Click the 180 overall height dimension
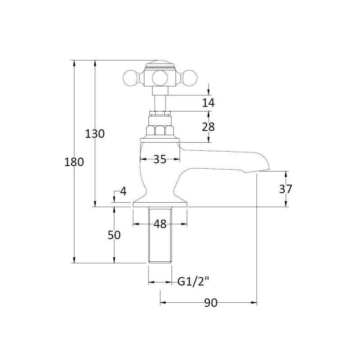click(x=74, y=162)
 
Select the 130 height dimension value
click(x=95, y=134)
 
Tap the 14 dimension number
click(x=208, y=103)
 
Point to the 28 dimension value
click(x=208, y=127)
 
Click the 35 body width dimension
click(x=160, y=159)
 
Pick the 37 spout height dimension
click(x=286, y=189)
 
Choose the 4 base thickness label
click(x=124, y=191)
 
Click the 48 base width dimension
click(x=160, y=224)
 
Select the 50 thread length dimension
click(x=114, y=235)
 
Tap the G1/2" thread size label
click(x=193, y=281)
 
